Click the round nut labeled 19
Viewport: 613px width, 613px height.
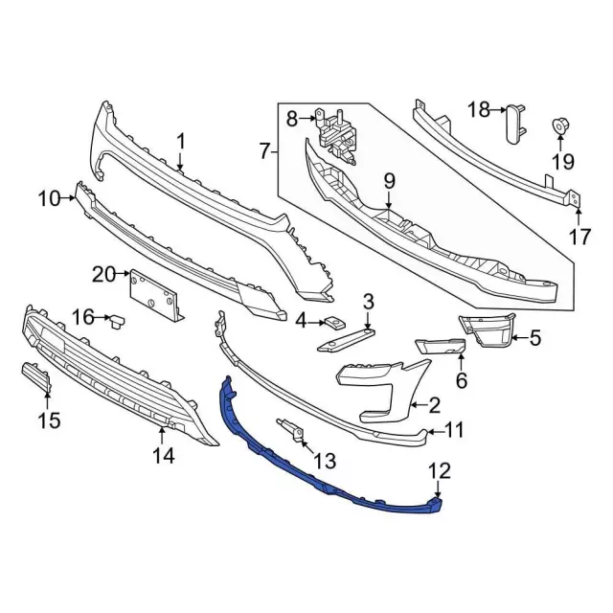[558, 125]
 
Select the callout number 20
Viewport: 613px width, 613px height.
[103, 276]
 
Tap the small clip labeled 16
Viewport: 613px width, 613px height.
[119, 319]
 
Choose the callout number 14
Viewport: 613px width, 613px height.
[164, 457]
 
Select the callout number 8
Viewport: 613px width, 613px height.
[292, 119]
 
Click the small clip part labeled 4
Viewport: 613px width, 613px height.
[333, 323]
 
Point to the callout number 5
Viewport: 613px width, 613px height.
[534, 336]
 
